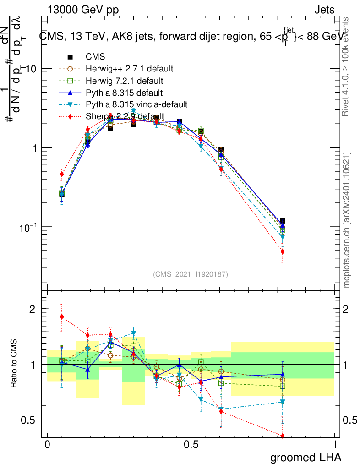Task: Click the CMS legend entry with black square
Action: [95, 57]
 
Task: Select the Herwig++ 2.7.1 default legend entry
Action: [129, 69]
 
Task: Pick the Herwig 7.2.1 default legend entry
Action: [125, 81]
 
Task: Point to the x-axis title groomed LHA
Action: [305, 458]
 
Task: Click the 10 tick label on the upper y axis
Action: [31, 69]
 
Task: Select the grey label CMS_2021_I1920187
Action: [191, 274]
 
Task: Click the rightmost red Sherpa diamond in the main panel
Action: [283, 251]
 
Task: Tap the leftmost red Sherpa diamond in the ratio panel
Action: [62, 316]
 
